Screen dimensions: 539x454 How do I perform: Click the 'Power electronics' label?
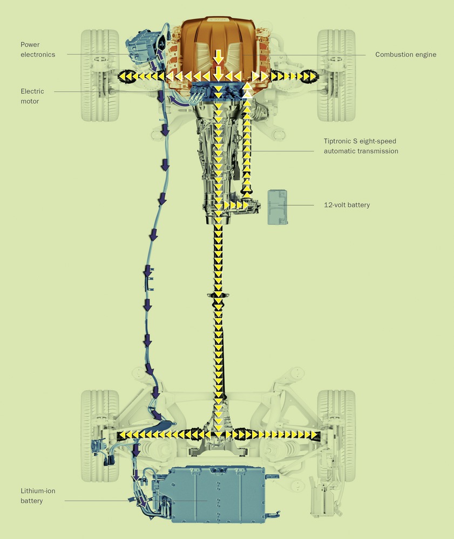(38, 49)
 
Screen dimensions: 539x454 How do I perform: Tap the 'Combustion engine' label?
(405, 54)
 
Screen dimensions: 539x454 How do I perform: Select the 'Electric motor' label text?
(33, 96)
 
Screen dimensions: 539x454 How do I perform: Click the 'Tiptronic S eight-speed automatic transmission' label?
(361, 146)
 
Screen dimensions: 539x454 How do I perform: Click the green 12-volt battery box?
(277, 207)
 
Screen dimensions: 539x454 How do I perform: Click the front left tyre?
(100, 75)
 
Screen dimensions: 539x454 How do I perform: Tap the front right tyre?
(336, 75)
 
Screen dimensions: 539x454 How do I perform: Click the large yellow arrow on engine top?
(218, 56)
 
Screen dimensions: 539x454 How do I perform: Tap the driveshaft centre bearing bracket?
(218, 296)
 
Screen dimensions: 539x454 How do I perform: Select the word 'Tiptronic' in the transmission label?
(338, 141)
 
